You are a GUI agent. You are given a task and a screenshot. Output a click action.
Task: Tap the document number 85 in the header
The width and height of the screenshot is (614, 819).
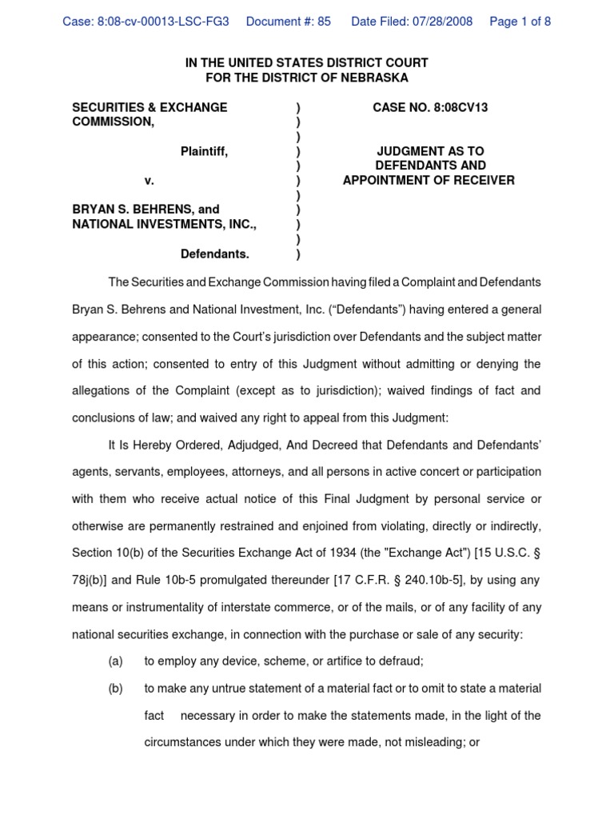click(323, 22)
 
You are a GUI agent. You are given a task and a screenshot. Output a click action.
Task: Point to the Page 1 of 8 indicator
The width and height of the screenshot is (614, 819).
click(520, 22)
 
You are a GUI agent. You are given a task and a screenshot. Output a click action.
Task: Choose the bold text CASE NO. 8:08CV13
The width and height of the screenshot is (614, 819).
click(430, 107)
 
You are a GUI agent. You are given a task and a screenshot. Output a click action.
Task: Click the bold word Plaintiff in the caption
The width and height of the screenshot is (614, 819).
click(204, 151)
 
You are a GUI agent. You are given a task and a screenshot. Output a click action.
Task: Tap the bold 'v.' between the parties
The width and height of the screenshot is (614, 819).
click(149, 181)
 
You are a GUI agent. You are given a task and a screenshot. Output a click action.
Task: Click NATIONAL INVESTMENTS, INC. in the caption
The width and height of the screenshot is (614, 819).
click(165, 225)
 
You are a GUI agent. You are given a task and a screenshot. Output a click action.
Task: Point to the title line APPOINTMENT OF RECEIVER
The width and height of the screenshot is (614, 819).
click(429, 181)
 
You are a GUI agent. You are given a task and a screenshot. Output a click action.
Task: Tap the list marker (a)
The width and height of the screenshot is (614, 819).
click(115, 661)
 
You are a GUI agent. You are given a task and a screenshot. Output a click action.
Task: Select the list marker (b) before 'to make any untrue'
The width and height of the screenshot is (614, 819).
click(115, 689)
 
